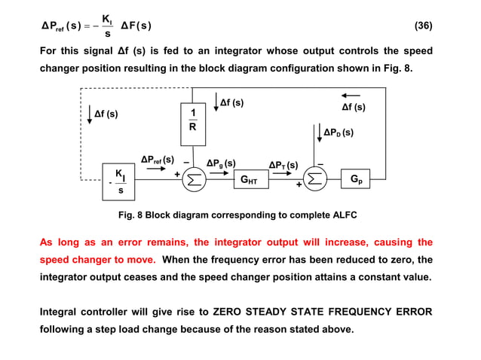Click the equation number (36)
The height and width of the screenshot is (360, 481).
click(x=424, y=26)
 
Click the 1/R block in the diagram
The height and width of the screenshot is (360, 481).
click(x=193, y=121)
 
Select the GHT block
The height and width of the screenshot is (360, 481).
click(x=248, y=181)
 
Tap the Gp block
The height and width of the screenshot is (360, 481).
click(x=357, y=180)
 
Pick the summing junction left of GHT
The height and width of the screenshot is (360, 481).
click(x=195, y=181)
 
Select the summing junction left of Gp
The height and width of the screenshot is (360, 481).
click(x=315, y=181)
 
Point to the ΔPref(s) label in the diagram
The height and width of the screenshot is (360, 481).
click(x=157, y=160)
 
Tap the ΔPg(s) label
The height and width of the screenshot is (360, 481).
click(x=221, y=163)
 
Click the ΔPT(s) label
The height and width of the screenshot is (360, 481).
click(x=283, y=165)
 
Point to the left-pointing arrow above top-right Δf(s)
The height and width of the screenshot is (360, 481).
click(x=350, y=96)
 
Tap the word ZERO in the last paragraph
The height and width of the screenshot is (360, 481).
click(x=231, y=312)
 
